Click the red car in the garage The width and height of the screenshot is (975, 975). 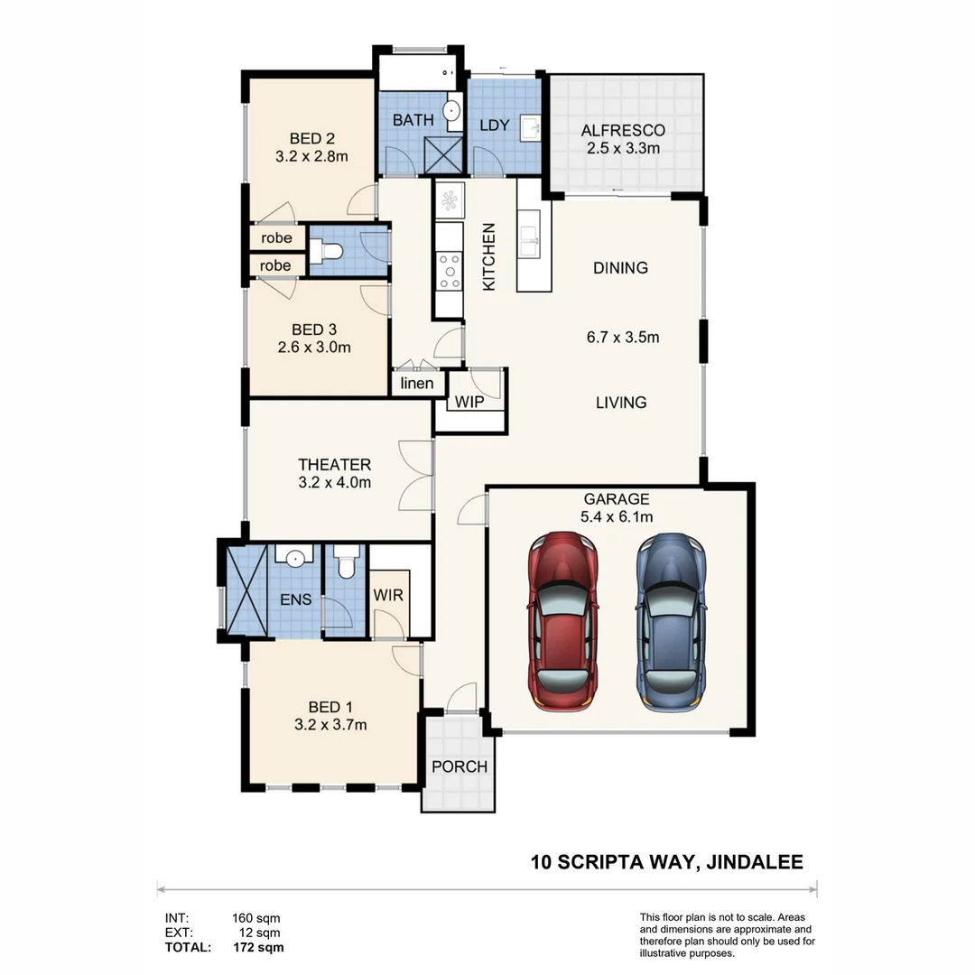[563, 620]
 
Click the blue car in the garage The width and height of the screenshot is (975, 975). [669, 620]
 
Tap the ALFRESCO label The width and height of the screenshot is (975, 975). [623, 131]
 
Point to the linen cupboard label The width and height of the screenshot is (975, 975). [417, 384]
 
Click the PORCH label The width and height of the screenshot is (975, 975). [459, 766]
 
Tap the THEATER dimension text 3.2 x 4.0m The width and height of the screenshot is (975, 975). [335, 482]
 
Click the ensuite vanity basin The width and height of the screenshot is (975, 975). [294, 558]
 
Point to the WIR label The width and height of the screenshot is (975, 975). [388, 596]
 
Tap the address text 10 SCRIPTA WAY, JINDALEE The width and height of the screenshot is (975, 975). [666, 862]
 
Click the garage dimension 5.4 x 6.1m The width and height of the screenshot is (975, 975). [617, 516]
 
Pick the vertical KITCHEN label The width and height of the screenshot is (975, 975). [489, 256]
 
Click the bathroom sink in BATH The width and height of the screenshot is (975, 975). [452, 112]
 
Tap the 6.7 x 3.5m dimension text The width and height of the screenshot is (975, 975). [622, 339]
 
